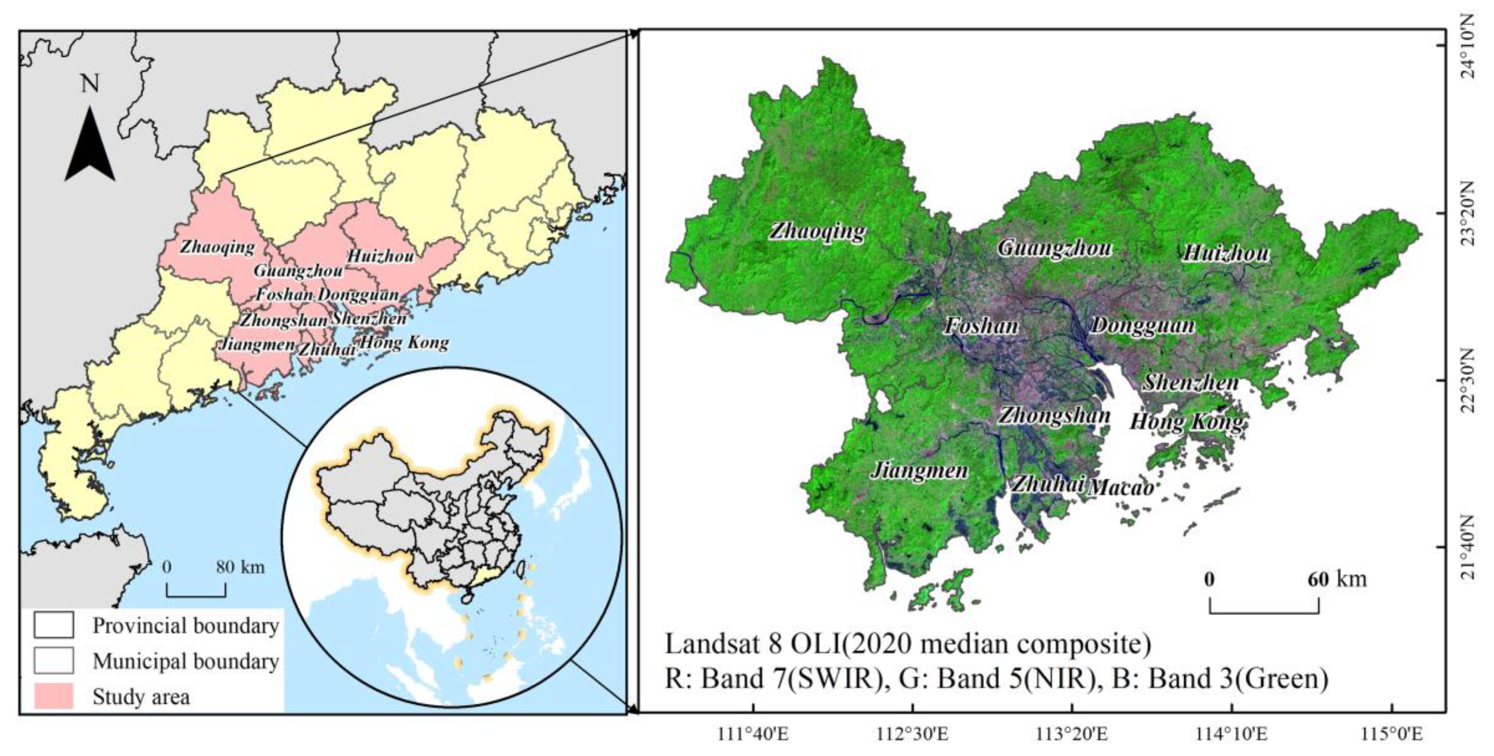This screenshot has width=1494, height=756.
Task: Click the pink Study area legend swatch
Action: pos(53,696)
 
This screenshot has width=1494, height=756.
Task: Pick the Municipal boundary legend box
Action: pos(53,660)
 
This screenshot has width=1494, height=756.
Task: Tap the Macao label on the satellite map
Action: pos(1120,487)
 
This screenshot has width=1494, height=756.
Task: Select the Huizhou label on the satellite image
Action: pos(1225,253)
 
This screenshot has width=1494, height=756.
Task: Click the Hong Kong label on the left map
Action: pos(405,343)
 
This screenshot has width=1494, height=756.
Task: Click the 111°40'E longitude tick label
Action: pos(753,734)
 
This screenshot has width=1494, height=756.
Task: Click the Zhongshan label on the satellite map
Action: pos(1054,415)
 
